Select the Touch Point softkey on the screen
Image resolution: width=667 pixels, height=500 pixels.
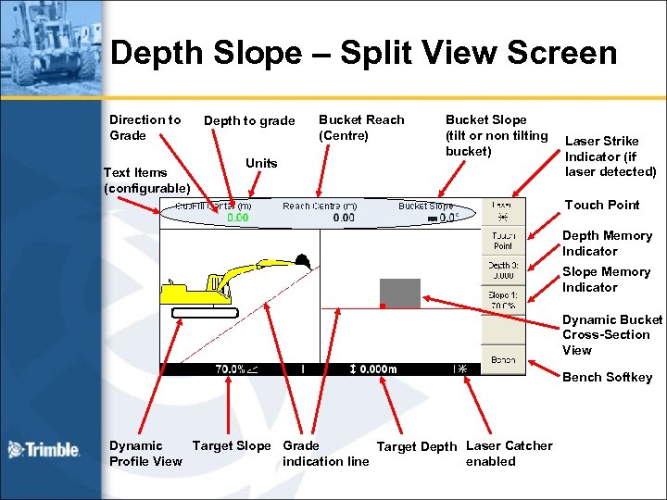coord(503,241)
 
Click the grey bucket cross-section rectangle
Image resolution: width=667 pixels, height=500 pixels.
coord(400,292)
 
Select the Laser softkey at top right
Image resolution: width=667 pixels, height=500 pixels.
coord(502,211)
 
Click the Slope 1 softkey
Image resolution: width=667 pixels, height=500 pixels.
coord(503,300)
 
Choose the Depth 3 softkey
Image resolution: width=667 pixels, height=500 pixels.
coord(503,269)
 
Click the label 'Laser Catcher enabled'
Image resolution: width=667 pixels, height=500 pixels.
coord(509,453)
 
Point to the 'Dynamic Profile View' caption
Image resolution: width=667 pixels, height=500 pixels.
coord(145,453)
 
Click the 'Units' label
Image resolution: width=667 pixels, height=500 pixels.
coord(261,163)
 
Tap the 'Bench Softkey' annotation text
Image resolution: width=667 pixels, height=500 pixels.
coord(608,377)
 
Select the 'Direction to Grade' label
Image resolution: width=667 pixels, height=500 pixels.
coord(145,127)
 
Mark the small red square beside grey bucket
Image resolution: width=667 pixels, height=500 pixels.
coord(382,305)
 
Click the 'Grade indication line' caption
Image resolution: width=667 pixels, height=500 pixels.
coord(325,453)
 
